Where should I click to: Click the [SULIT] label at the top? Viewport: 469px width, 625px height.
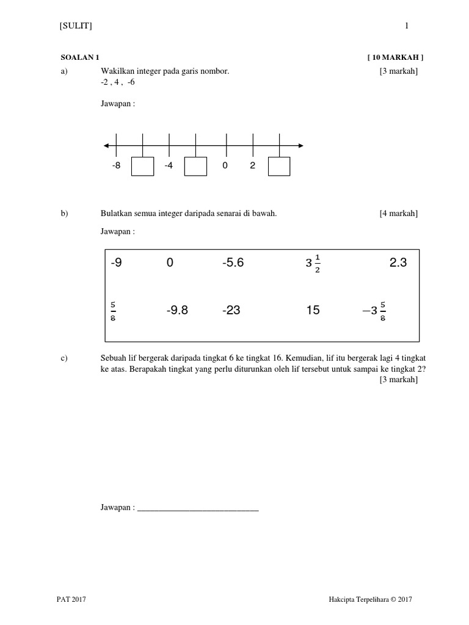pos(76,26)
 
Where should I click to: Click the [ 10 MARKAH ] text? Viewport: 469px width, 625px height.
pos(395,57)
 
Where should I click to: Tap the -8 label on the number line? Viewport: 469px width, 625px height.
pos(116,165)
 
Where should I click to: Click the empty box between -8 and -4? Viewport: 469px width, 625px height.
pos(142,167)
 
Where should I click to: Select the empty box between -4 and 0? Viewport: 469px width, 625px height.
pos(195,167)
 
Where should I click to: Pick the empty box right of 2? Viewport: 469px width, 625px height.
pos(279,167)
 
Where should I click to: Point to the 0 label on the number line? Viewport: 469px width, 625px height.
pos(225,165)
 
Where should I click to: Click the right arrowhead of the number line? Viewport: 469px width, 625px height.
pos(300,145)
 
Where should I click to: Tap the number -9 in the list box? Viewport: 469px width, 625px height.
pos(117,263)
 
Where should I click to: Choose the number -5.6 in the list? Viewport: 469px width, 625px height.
pos(233,263)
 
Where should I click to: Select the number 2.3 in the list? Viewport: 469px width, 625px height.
pos(398,263)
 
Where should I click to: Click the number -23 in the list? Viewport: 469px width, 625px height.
pos(231,311)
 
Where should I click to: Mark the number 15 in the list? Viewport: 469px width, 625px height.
pos(313,311)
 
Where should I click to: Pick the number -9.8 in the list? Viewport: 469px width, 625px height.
pos(177,311)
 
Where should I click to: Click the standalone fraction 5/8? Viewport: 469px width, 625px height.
pos(114,311)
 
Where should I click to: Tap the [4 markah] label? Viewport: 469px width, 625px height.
pos(398,213)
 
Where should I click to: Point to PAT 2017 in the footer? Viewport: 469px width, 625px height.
pos(71,600)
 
